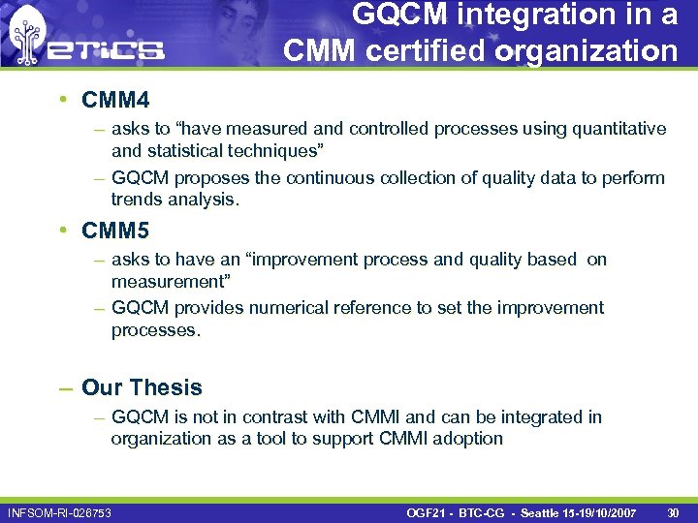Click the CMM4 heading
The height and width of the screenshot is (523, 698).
[x=115, y=99]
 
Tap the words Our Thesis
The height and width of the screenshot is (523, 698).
[x=142, y=387]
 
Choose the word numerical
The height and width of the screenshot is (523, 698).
[x=290, y=308]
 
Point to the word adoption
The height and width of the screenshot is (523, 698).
[x=470, y=439]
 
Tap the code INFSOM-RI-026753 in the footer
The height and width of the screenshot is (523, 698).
[x=59, y=511]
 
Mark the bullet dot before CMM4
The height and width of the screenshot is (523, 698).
[x=61, y=99]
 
